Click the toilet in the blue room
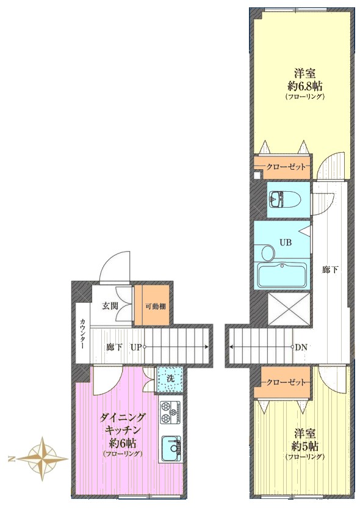(x=284, y=199)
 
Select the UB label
(x=285, y=242)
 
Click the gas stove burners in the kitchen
(x=170, y=412)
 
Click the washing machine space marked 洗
(x=170, y=379)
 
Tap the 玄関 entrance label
(x=110, y=306)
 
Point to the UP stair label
(x=136, y=347)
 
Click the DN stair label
(x=301, y=347)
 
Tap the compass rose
(x=43, y=459)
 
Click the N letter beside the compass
(x=11, y=459)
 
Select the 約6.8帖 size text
(x=304, y=86)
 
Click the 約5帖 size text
(x=304, y=446)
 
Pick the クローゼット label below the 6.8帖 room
(x=286, y=167)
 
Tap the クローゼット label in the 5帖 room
(x=286, y=382)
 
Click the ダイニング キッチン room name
(x=123, y=423)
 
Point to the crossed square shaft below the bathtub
(x=289, y=309)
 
